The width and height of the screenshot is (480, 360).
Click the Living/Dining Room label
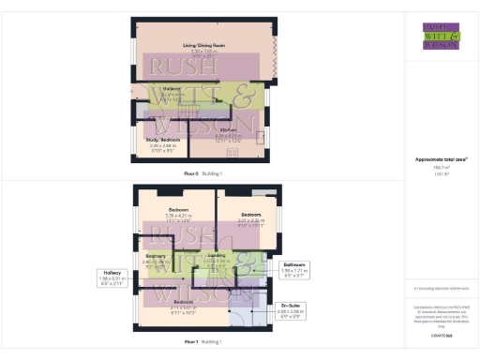click(x=198, y=44)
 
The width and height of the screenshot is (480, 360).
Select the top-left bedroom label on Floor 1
click(x=178, y=208)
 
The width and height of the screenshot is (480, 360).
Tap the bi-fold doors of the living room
click(x=275, y=56)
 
